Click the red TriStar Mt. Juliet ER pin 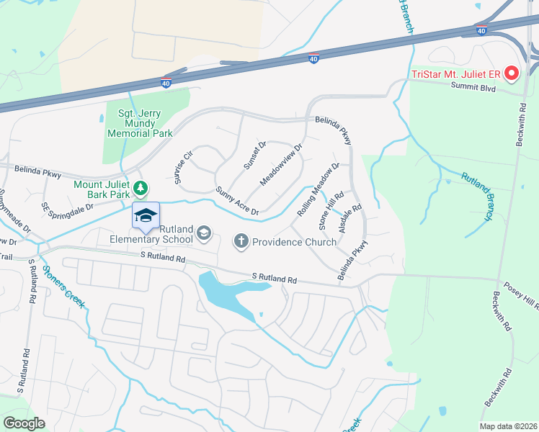click(512, 73)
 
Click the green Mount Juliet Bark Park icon click(142, 189)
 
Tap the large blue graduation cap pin click(146, 215)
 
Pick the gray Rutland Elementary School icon click(204, 232)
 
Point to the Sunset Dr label click(254, 155)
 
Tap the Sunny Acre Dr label click(237, 201)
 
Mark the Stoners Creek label click(63, 286)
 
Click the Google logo click(24, 423)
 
